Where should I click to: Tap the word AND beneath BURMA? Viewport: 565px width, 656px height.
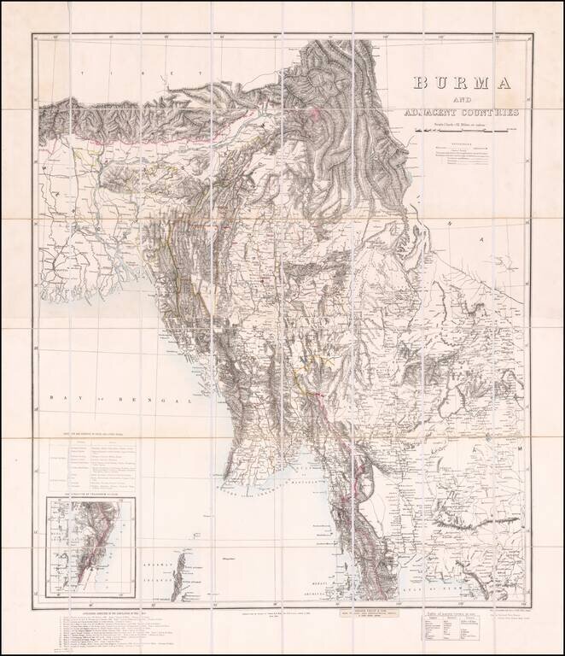[x=442, y=100]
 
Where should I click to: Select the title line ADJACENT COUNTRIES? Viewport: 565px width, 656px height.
[x=460, y=114]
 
